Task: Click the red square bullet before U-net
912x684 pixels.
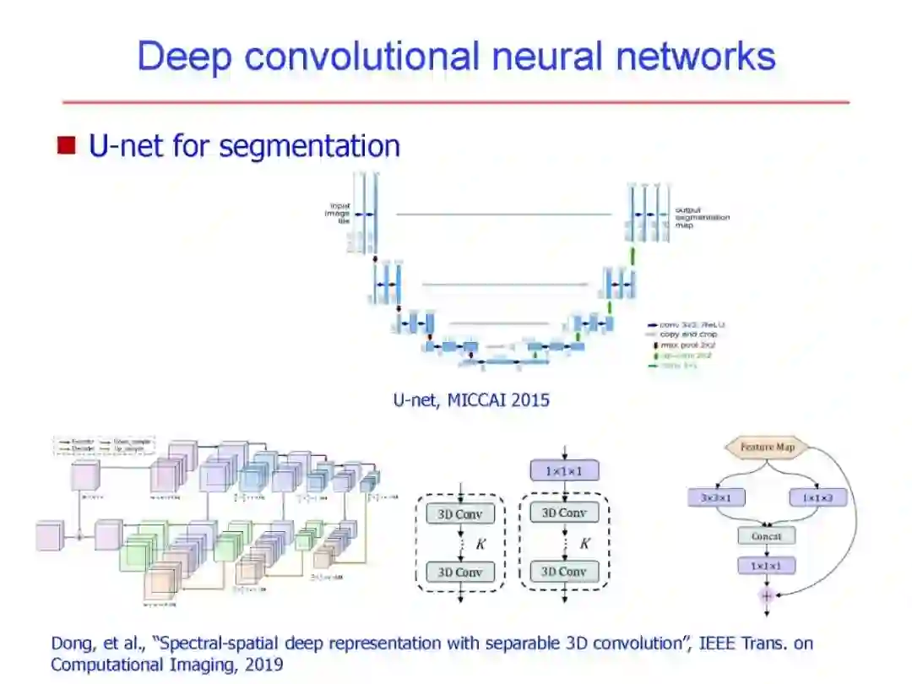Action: tap(67, 145)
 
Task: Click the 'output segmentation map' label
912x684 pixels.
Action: tap(702, 217)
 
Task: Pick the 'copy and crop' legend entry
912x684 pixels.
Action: tap(687, 334)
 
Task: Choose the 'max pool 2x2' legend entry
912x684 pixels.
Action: tap(687, 345)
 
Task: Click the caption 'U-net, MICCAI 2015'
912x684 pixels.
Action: tap(471, 399)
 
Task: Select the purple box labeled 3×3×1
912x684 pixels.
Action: tap(716, 497)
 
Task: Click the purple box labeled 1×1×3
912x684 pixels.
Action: tap(817, 497)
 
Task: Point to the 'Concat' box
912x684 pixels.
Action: tap(767, 535)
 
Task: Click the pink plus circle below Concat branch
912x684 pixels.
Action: tap(767, 595)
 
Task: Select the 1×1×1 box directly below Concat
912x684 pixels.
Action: tap(767, 565)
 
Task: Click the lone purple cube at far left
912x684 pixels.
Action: tap(49, 535)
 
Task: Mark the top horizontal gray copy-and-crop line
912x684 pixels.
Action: tap(504, 214)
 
